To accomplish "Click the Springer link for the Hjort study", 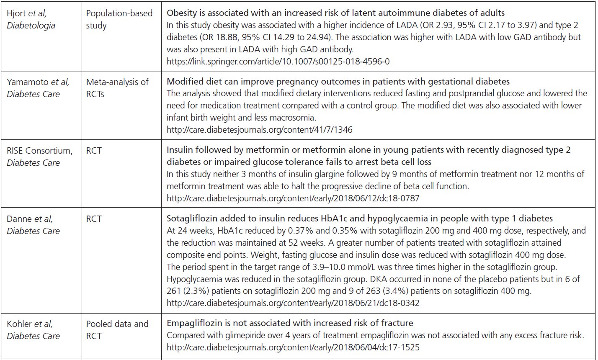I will pos(278,61).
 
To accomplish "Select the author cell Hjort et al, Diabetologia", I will pos(31,19).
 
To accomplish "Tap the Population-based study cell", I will pos(119,19).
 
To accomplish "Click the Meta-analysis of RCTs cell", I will pos(117,88).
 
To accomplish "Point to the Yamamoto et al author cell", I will pos(38,88).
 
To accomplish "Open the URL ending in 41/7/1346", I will pos(260,130).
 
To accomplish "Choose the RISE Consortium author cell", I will pos(39,157).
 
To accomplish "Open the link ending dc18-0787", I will pos(293,198).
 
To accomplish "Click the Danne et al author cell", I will pos(34,225).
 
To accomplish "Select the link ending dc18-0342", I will pos(293,303).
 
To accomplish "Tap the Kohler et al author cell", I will pos(34,329).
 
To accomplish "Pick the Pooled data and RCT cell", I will pos(117,329).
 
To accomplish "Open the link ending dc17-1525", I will pos(293,347).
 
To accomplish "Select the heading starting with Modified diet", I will pos(338,81).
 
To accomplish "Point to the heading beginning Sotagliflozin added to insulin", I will pos(360,219).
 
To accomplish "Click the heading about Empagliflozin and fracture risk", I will pos(290,323).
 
